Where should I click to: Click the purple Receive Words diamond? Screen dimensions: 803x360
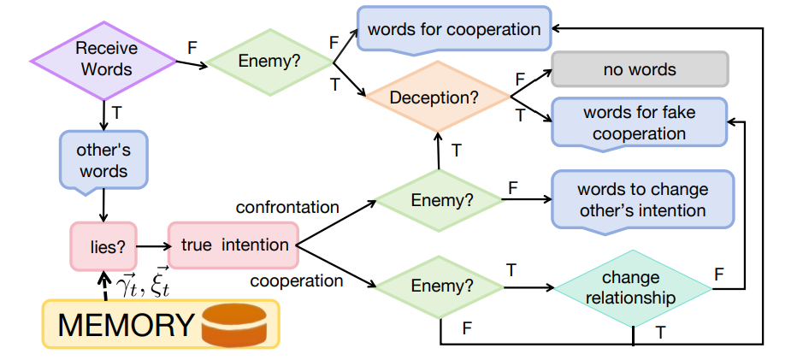[104, 61]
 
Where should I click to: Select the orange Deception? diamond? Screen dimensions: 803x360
[437, 97]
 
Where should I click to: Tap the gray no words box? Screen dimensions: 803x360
[640, 69]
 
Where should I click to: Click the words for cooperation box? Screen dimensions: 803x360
[454, 29]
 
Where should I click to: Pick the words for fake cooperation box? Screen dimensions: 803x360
[639, 123]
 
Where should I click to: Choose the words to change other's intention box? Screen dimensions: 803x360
[643, 201]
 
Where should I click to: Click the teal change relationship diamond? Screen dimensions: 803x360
[634, 288]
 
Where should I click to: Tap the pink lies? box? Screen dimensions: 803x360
[103, 246]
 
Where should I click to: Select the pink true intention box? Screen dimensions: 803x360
[233, 245]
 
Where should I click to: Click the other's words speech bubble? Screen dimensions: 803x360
[104, 161]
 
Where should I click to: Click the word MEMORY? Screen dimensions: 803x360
[126, 325]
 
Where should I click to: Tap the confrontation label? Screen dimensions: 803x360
[287, 207]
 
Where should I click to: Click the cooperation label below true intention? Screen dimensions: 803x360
[297, 280]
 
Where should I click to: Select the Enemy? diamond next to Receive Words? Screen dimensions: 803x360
[270, 62]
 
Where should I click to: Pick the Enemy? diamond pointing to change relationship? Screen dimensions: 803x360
[440, 287]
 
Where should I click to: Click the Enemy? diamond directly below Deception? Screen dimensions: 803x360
[439, 200]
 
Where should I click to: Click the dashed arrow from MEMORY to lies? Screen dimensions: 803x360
[104, 286]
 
